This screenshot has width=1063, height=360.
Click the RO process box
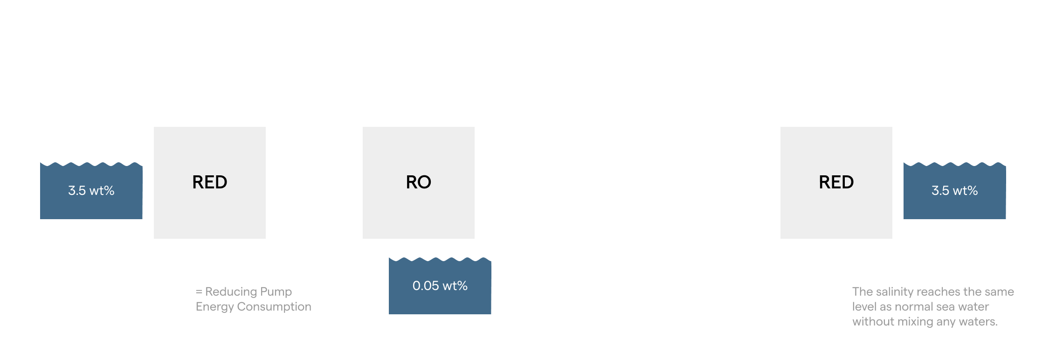point(418,182)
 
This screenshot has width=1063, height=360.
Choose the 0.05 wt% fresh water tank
point(440,286)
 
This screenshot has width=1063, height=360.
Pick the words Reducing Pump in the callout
point(248,292)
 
